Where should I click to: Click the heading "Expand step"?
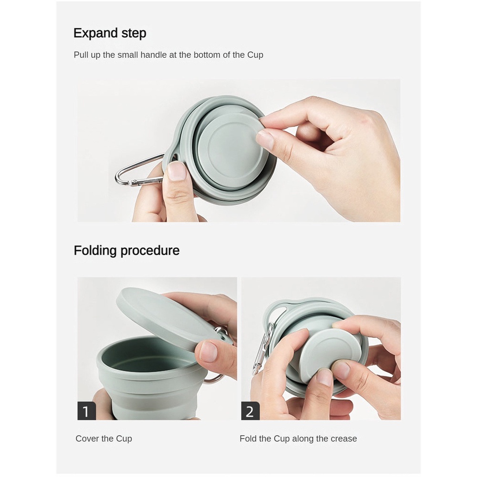tap(110, 33)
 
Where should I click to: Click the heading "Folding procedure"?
tap(126, 251)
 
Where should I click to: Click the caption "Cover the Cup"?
tap(104, 439)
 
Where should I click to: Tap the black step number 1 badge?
tap(86, 411)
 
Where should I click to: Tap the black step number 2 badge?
tap(250, 411)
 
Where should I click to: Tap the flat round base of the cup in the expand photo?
tap(232, 144)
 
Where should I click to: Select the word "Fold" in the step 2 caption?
tap(248, 439)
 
